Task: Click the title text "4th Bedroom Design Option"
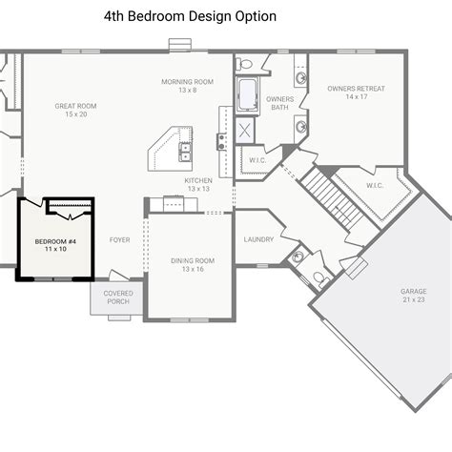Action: (x=190, y=16)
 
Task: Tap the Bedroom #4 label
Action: (x=56, y=245)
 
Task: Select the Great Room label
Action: (x=76, y=110)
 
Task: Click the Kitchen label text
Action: (x=198, y=184)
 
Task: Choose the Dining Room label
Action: (x=192, y=264)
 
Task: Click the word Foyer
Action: (x=120, y=239)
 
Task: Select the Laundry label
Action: (x=259, y=239)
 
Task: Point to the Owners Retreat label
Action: (x=356, y=92)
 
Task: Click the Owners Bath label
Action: (x=278, y=103)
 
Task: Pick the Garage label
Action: (x=413, y=296)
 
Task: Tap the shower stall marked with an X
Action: (x=246, y=131)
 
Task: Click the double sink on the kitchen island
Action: (x=185, y=149)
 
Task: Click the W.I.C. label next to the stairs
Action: (x=374, y=185)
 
